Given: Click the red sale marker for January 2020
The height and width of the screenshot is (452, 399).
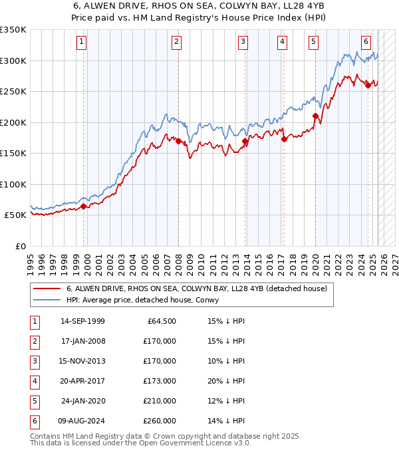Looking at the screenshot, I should (315, 116).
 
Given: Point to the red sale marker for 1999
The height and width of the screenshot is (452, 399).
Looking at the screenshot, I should (84, 206).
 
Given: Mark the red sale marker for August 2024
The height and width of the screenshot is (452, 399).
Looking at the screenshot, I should (368, 84).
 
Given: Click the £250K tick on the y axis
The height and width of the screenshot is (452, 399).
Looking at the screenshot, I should (14, 91).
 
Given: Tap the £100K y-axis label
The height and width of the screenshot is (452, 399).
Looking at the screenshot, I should (14, 184).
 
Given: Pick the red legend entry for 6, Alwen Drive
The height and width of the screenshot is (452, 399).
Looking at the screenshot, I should (196, 289).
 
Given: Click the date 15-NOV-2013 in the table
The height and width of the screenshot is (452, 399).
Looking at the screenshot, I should (82, 361).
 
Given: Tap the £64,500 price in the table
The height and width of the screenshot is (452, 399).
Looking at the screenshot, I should (161, 321).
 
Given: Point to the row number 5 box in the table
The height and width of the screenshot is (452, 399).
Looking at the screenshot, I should (33, 401).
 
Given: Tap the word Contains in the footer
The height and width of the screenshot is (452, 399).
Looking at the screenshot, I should (46, 436).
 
